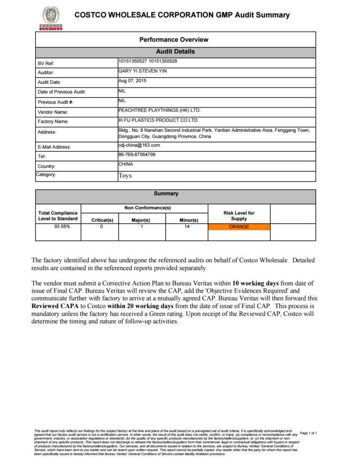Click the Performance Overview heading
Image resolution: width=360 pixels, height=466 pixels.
(173, 39)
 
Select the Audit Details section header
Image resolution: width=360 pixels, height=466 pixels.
(175, 52)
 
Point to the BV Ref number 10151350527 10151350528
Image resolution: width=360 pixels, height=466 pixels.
(148, 61)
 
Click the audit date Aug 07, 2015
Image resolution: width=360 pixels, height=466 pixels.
(132, 81)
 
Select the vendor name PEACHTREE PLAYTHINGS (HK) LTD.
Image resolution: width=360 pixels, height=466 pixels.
(159, 110)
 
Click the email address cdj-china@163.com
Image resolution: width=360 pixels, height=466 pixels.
(139, 145)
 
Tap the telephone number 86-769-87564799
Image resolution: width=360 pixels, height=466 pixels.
(137, 154)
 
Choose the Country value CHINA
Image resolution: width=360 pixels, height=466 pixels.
(126, 164)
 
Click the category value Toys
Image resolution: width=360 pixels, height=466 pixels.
(125, 176)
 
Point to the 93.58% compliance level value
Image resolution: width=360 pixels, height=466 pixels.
(58, 226)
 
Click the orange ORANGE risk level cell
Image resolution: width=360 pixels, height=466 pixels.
(239, 227)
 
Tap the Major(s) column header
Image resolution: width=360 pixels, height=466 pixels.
(141, 219)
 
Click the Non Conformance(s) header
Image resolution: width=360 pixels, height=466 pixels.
(147, 207)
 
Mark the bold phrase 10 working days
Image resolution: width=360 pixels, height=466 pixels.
(255, 283)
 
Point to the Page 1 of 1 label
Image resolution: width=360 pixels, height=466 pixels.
(308, 433)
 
